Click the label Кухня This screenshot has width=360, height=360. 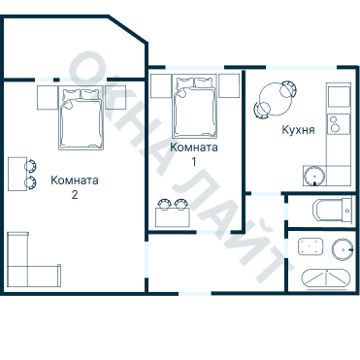(x=298, y=130)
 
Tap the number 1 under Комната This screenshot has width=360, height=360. (x=194, y=161)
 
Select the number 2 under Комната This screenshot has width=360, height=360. (x=75, y=195)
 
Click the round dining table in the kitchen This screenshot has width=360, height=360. (x=276, y=99)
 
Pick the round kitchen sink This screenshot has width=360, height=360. (x=314, y=176)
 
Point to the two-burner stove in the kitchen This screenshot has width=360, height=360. (x=339, y=124)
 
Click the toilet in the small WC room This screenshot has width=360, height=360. (x=331, y=211)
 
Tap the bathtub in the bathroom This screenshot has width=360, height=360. (x=326, y=278)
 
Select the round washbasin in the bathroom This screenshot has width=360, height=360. (x=343, y=248)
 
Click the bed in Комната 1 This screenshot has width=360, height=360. (x=194, y=106)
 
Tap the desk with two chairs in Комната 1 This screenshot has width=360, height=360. (x=173, y=213)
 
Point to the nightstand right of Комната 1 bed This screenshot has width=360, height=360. (x=229, y=85)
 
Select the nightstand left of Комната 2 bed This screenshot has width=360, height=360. (x=48, y=97)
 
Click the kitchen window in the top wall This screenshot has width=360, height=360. (x=302, y=68)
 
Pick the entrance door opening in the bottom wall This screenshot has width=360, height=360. (x=195, y=293)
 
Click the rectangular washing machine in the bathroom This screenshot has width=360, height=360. (x=311, y=246)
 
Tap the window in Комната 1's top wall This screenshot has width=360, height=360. (x=195, y=67)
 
